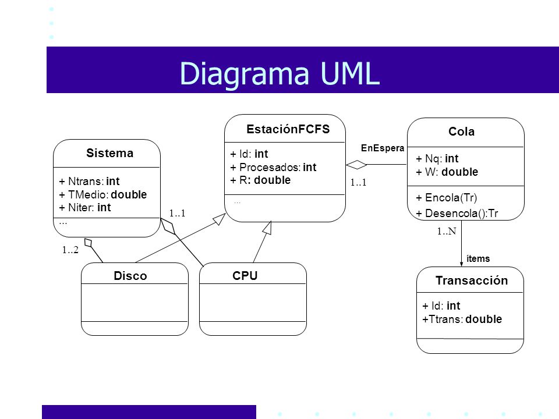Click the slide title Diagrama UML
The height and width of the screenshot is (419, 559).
point(280,73)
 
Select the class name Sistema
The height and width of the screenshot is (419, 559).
point(110,153)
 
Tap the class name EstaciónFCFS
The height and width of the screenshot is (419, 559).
point(288,129)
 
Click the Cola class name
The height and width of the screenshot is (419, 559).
point(461,132)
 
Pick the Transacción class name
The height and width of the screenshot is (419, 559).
point(472,280)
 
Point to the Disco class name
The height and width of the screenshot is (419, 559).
point(130,276)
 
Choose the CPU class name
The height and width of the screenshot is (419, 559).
point(245,275)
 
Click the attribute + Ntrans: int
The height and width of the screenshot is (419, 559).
point(89,181)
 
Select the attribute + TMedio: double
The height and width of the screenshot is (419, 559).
point(102,194)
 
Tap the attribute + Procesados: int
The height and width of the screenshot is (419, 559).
point(274,167)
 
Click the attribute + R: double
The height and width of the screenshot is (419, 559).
point(260,180)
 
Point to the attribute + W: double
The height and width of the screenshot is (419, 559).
point(447,172)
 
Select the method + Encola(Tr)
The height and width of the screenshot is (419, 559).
point(447,197)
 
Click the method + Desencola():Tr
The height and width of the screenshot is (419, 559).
point(457,213)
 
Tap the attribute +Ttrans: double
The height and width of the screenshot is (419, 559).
point(462,319)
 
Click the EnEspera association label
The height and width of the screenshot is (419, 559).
point(383,148)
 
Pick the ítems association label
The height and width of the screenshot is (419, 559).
point(478,258)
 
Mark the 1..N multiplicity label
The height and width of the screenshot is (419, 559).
point(447,231)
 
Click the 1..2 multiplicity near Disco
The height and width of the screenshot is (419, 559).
point(70,250)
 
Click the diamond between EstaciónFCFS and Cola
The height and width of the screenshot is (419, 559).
point(356,165)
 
